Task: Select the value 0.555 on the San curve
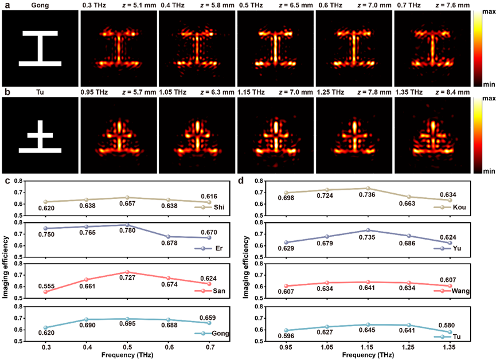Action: click(x=48, y=285)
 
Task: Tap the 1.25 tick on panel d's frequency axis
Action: click(x=414, y=347)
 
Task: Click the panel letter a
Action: click(x=4, y=5)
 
